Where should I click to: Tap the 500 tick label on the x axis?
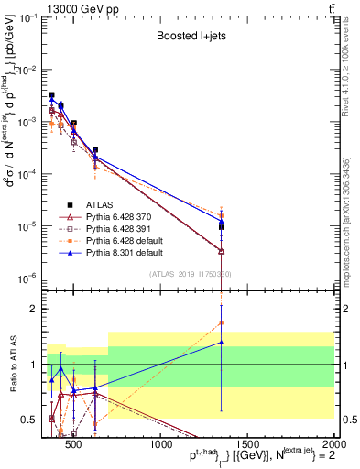coord(74,446)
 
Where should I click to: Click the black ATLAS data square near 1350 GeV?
coord(222,227)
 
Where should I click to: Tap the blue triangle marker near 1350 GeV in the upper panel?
coord(222,220)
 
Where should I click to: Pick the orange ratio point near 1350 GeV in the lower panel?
coord(222,322)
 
